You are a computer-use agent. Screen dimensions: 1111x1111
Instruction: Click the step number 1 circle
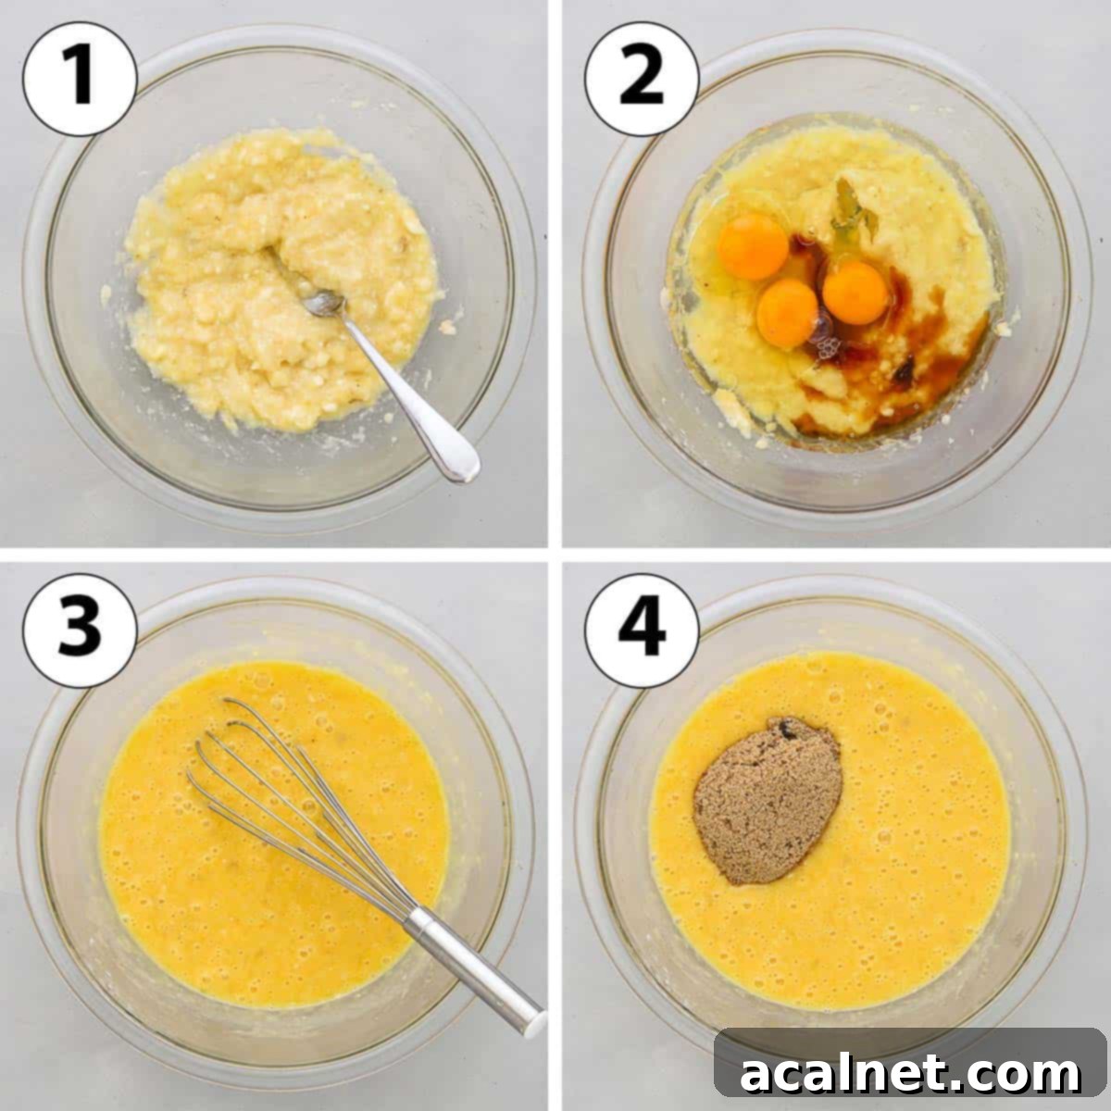(x=80, y=79)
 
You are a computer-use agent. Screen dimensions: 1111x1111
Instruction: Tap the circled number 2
(x=642, y=79)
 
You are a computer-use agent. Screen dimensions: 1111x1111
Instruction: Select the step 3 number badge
(x=80, y=630)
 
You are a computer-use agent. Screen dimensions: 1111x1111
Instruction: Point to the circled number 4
(x=642, y=630)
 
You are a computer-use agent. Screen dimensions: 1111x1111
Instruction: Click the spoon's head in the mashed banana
(x=326, y=302)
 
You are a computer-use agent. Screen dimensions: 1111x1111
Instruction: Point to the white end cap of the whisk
(x=534, y=1023)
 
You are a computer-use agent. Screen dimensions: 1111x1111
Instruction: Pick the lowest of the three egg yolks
(x=786, y=313)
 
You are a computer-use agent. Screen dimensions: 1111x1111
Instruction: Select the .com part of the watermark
(x=1028, y=1074)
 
